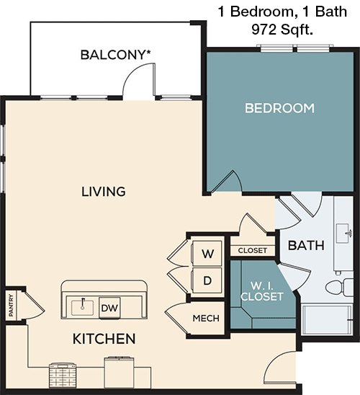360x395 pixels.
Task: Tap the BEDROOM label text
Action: click(x=279, y=108)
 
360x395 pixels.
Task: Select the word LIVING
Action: click(x=103, y=192)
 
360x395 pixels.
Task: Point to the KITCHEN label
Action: click(x=104, y=338)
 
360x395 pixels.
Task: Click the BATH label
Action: click(x=306, y=245)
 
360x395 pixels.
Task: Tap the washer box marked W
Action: click(x=207, y=254)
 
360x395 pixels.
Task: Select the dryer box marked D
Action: click(x=207, y=280)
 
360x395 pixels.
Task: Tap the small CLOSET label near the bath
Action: click(x=252, y=251)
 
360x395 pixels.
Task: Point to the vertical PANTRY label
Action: click(x=12, y=305)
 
